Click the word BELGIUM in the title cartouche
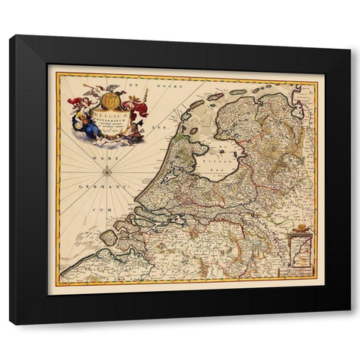[x=109, y=117]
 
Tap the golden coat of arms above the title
[x=109, y=98]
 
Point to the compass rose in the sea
[x=107, y=172]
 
